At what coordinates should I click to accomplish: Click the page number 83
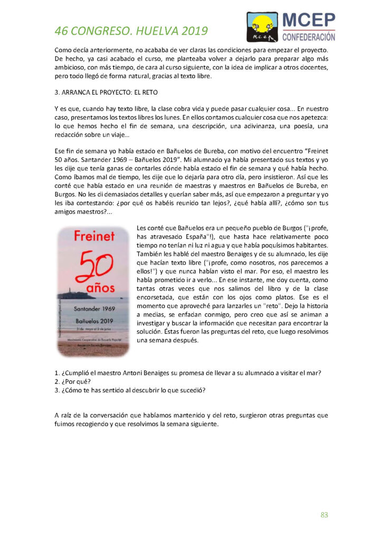click(x=324, y=514)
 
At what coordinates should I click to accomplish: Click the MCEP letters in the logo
click(x=309, y=21)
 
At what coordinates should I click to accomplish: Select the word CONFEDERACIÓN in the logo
click(x=309, y=37)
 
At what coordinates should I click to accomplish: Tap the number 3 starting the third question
click(x=57, y=391)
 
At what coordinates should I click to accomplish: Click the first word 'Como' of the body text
click(x=64, y=49)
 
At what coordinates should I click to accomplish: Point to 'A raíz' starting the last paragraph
click(x=64, y=415)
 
